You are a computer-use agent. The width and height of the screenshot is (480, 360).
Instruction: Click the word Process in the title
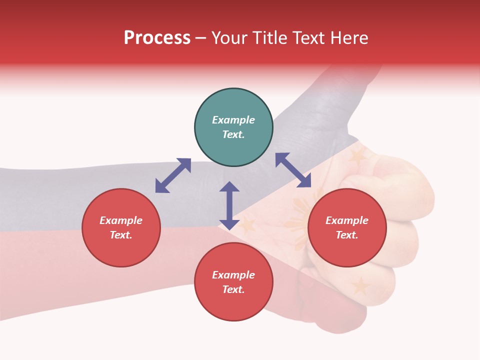pos(157,38)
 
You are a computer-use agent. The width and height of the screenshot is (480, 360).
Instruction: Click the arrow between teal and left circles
pos(173,175)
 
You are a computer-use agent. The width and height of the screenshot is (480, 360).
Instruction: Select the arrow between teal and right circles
pos(293,170)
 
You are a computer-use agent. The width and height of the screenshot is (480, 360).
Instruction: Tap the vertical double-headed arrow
pos(229,205)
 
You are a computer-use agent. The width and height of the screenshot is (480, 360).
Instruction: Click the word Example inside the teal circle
pos(233,120)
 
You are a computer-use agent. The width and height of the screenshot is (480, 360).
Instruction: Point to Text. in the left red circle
pos(121,235)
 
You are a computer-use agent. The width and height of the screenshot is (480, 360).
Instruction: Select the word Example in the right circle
pos(347,220)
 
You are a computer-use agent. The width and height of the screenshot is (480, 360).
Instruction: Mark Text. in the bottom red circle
pos(233,289)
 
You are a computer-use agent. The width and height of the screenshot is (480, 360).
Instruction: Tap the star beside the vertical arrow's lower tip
pos(247,226)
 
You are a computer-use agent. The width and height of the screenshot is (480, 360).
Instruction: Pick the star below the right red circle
pos(360,286)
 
